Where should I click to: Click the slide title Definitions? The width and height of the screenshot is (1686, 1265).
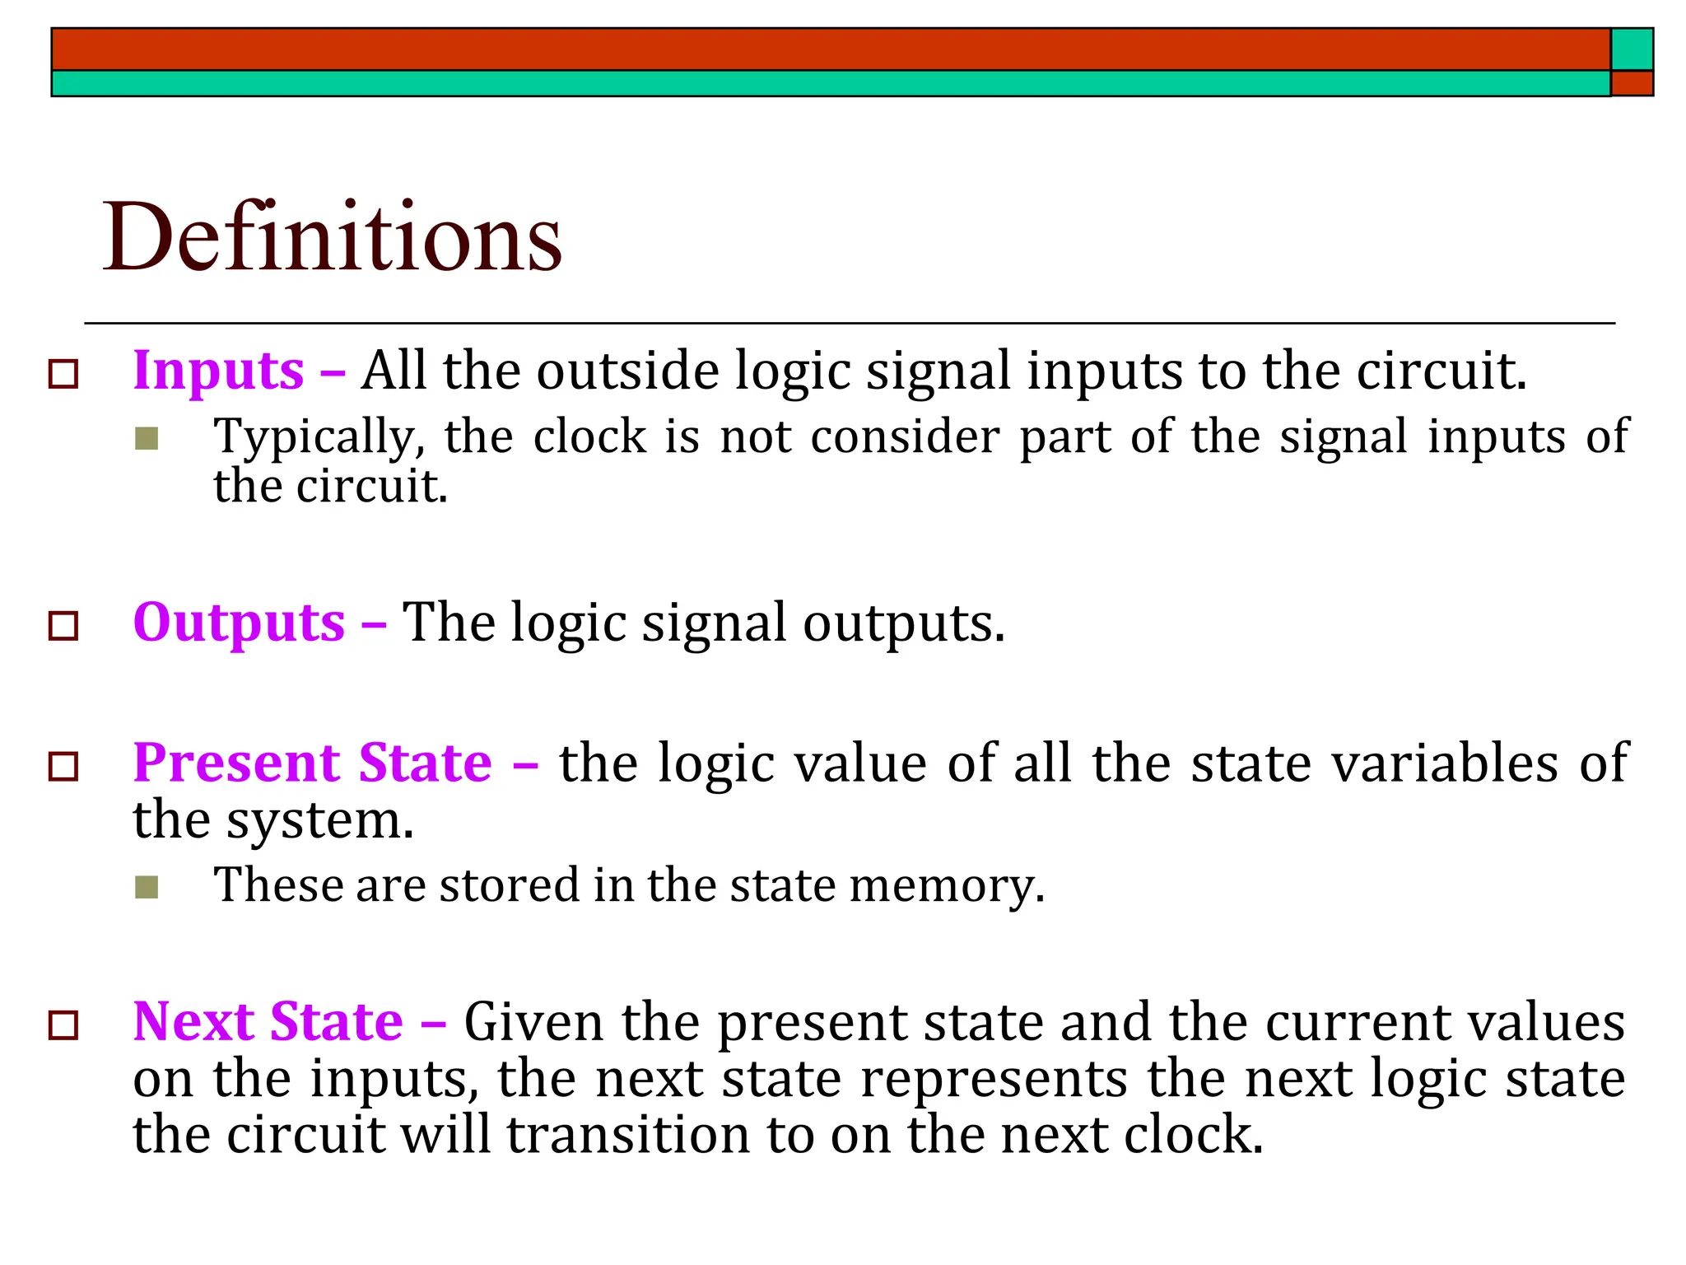point(332,238)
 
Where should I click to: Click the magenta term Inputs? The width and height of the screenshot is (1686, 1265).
point(219,371)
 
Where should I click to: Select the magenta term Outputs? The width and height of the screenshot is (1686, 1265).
point(239,623)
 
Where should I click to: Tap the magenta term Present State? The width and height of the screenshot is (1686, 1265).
point(313,763)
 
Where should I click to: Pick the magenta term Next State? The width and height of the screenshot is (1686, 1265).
point(268,1022)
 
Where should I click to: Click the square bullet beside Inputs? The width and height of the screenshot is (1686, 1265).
point(63,374)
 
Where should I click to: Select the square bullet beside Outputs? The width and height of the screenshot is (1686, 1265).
point(63,626)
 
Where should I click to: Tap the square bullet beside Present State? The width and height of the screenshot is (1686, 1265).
point(63,766)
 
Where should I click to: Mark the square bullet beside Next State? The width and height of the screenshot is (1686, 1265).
point(63,1026)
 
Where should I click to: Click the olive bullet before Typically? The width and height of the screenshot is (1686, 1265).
point(147,438)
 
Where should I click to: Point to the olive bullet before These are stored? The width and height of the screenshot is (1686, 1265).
point(147,887)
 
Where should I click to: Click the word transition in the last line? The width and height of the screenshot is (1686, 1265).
point(627,1135)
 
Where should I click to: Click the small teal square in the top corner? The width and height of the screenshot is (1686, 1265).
point(1632,49)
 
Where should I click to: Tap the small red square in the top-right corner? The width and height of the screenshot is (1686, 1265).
point(1632,83)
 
